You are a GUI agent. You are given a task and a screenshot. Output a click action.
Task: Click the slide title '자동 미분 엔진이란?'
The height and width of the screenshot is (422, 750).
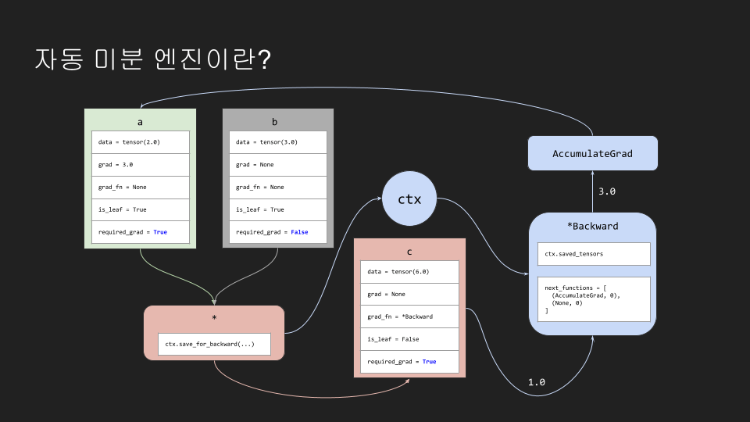pos(152,60)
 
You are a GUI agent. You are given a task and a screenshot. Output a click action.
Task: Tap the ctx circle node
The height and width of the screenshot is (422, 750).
pos(409,198)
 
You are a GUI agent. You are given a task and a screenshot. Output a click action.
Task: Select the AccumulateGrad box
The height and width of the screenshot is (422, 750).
pos(592,153)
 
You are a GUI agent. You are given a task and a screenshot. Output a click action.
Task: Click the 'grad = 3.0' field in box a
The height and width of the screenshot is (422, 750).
pos(141,165)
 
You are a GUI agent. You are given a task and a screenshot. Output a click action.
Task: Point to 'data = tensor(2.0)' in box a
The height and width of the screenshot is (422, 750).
pos(141,142)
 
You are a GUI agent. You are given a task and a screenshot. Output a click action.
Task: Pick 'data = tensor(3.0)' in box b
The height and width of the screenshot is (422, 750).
pos(278,142)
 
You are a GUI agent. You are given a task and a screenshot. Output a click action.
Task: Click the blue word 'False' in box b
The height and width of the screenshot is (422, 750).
pos(299,232)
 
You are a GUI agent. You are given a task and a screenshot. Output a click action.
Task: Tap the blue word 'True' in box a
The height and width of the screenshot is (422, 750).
pos(160,232)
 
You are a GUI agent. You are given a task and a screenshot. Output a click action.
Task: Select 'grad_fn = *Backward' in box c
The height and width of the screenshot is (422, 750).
pos(409,316)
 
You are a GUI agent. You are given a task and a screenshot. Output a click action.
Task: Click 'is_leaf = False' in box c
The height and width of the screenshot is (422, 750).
pos(409,339)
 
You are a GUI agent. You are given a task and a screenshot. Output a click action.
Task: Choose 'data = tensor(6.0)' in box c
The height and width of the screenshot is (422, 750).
pos(409,271)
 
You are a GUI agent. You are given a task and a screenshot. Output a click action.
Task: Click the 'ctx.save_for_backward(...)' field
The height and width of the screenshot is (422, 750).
pos(214,345)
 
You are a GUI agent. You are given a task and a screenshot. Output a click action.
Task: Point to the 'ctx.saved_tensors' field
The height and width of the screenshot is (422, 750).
pos(593,254)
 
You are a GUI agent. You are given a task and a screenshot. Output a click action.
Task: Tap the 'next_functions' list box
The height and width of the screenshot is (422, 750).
pos(593,299)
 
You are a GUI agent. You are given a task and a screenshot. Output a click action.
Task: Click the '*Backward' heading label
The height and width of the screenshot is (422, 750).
pos(592,227)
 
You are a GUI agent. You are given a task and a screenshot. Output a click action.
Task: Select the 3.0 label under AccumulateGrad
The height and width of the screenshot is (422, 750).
pos(607,191)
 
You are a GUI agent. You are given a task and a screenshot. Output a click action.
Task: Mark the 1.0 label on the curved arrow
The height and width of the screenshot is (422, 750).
pos(537,382)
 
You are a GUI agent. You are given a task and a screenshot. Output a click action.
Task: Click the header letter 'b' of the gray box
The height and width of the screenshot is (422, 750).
pos(274,122)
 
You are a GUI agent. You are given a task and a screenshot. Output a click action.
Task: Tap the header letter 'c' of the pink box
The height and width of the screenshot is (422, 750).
pos(409,252)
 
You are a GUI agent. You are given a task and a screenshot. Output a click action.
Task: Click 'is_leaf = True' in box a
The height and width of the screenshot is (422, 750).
pos(141,209)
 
